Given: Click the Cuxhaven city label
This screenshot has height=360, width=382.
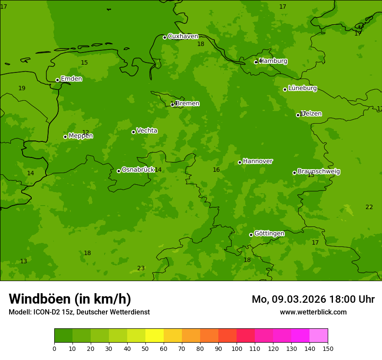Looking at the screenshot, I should [x=183, y=36].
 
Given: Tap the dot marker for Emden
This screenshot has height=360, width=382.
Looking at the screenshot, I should [x=57, y=80].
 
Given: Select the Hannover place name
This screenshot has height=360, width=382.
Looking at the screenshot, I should [x=257, y=161].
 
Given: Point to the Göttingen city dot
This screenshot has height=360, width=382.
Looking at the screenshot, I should [x=251, y=235].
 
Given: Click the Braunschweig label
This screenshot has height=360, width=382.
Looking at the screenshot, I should [x=319, y=172].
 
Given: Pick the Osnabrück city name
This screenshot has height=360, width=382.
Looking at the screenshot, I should [x=138, y=170].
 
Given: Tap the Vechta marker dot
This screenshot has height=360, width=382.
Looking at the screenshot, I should [x=133, y=132].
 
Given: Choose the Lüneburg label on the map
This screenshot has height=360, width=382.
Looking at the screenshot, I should [x=302, y=88].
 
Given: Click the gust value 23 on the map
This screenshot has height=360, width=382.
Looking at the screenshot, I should [x=141, y=268].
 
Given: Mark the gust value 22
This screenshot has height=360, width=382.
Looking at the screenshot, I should [x=369, y=207].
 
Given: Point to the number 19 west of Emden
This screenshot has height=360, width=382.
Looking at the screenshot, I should [x=22, y=88].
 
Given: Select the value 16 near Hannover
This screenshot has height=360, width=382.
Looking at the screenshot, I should [x=216, y=170].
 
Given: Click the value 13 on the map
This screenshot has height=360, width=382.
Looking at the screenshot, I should [x=23, y=262].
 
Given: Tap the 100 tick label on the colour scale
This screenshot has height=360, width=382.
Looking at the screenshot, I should [x=237, y=348].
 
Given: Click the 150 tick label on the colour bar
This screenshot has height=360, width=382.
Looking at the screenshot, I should [x=328, y=348].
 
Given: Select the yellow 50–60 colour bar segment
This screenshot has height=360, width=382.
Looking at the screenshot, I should [x=155, y=336].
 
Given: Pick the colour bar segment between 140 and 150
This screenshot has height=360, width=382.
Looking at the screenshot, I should [x=319, y=336].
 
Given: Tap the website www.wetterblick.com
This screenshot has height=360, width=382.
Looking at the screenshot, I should [x=313, y=312].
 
